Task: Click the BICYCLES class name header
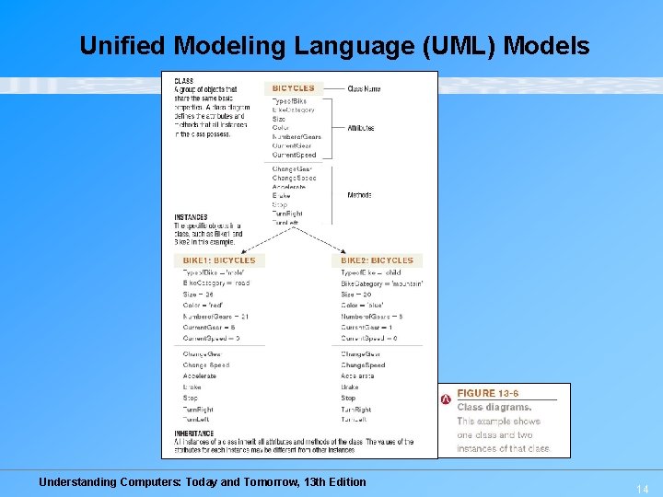pos(293,88)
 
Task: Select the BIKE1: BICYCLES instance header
pos(219,260)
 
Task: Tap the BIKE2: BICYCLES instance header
pos(378,260)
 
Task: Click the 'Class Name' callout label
pos(364,89)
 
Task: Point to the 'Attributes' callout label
pos(361,128)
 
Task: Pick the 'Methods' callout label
pos(359,195)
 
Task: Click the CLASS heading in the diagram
pos(184,81)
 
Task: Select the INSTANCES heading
pos(192,217)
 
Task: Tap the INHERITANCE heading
pos(194,433)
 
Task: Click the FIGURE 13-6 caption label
pos(489,393)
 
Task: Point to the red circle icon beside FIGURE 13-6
pos(447,398)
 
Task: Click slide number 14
pos(642,490)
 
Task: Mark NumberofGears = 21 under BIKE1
pos(215,317)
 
